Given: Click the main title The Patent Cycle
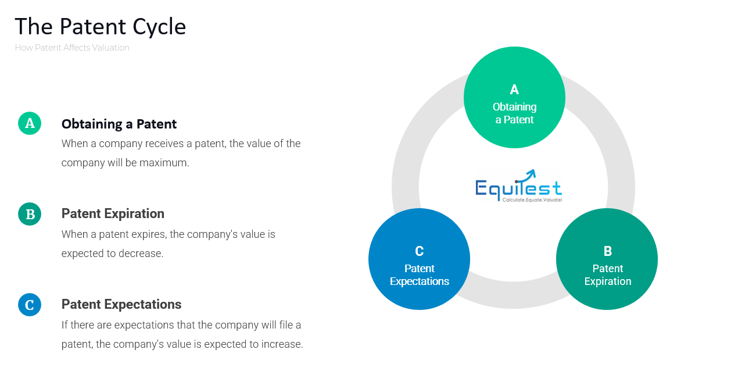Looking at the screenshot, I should [x=100, y=27].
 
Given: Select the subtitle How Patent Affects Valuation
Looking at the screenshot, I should [x=72, y=48].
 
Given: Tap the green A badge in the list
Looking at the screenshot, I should [x=30, y=123].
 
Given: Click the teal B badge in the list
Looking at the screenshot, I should [x=30, y=214].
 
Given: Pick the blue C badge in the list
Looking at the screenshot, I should [x=30, y=305].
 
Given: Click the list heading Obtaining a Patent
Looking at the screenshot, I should [x=119, y=124].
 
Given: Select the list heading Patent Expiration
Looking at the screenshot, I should [x=113, y=213].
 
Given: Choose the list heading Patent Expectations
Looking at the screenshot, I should [x=121, y=304].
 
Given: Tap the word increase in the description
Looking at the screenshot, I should [x=282, y=344].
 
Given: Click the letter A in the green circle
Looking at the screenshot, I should [x=514, y=90].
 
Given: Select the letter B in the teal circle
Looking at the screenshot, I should [x=607, y=251].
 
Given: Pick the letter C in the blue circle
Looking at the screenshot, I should [x=419, y=251].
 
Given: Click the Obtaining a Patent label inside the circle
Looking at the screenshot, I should [x=514, y=113].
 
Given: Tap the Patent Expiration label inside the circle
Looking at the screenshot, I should [x=607, y=275].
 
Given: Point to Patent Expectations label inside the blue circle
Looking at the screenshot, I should [x=419, y=275].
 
